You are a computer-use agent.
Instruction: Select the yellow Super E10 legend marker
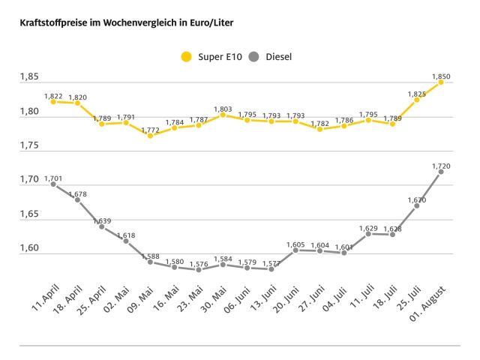point(187,56)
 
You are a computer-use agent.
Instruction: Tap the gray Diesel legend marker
point(253,56)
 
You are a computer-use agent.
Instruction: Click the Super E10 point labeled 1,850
point(441,82)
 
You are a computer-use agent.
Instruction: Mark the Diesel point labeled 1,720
point(441,171)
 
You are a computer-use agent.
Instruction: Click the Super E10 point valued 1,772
point(150,136)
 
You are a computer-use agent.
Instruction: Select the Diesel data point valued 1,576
point(199,269)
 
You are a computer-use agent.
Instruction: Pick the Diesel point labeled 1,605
point(295,250)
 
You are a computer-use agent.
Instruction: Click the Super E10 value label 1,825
point(417,94)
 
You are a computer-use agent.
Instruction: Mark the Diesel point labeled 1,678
point(77,199)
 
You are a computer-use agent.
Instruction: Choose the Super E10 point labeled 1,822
point(53,101)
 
